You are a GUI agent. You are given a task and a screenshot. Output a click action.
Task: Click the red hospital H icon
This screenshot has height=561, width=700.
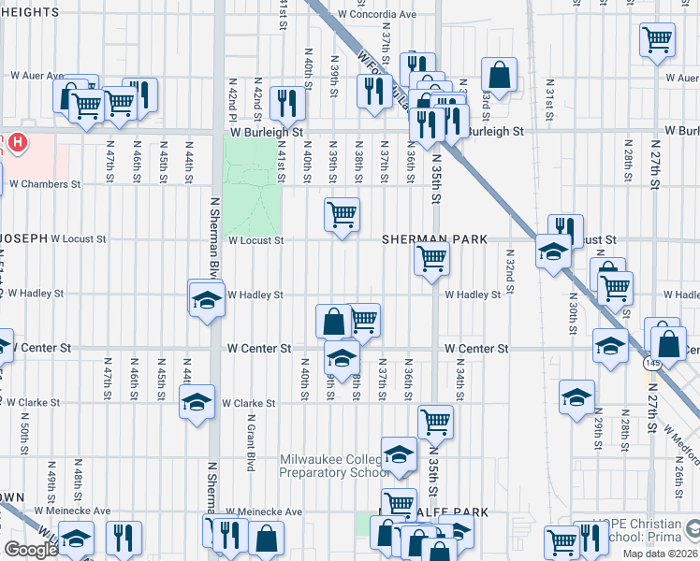click(x=18, y=143)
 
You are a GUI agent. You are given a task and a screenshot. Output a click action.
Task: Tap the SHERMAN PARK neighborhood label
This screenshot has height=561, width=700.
click(x=433, y=239)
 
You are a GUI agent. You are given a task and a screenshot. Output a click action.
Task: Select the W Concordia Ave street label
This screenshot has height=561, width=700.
click(x=377, y=15)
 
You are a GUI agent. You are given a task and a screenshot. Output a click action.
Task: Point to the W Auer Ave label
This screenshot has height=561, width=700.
click(x=37, y=75)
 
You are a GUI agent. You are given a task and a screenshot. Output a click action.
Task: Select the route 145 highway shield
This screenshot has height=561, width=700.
click(x=650, y=361)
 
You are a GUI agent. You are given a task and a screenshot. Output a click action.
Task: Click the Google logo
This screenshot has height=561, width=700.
click(x=31, y=550)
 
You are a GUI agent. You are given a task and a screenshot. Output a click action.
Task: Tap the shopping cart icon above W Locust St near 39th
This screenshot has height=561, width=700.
click(x=342, y=214)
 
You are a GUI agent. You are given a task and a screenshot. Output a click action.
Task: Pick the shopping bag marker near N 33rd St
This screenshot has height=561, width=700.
click(x=500, y=76)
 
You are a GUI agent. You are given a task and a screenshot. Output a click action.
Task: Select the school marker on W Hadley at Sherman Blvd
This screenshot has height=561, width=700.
click(x=206, y=299)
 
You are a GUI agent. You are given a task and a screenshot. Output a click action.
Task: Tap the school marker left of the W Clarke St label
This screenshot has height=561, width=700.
click(x=197, y=402)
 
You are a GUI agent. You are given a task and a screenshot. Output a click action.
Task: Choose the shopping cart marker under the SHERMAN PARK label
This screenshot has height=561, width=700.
click(x=432, y=258)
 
